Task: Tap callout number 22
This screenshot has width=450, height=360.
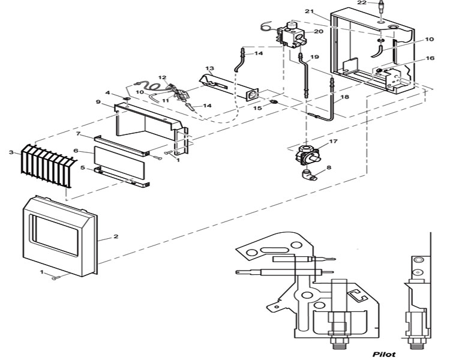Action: (377, 3)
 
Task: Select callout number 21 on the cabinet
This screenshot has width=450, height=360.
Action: (310, 11)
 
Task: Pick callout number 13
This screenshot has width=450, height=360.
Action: (210, 69)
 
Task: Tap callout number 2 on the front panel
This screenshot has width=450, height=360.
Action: (116, 236)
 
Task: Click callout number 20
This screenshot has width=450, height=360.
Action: (319, 31)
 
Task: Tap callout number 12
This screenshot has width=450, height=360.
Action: (162, 78)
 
